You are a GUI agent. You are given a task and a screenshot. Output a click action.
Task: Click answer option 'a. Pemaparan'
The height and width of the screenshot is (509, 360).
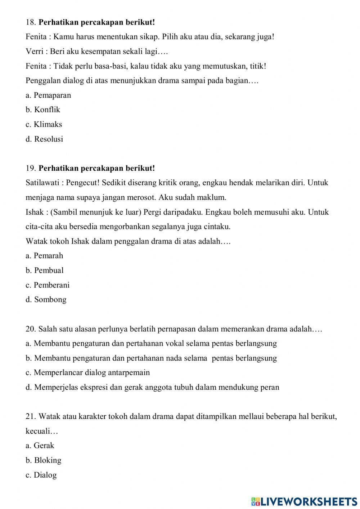click(x=48, y=95)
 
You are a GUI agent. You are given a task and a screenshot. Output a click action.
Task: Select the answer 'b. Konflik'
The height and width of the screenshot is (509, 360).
click(x=43, y=110)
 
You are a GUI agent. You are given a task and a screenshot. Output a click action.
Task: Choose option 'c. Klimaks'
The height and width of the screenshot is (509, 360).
click(x=44, y=124)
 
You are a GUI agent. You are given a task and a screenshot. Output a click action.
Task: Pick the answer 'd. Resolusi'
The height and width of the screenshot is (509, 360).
click(x=44, y=139)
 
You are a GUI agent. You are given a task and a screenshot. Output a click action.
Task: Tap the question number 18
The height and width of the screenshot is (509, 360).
click(x=30, y=22)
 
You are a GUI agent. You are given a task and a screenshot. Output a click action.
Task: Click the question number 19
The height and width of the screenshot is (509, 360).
click(x=30, y=168)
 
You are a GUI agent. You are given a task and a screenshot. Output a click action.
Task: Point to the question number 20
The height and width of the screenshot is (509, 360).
click(x=30, y=329)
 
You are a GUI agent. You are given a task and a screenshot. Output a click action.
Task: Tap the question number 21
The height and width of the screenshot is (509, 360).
click(x=30, y=416)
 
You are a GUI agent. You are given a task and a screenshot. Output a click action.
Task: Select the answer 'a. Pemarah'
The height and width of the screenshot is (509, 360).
click(x=44, y=256)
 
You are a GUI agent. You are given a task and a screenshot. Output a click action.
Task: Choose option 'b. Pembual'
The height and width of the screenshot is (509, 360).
click(x=45, y=270)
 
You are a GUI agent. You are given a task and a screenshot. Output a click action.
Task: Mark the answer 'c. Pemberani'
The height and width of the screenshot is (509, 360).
click(x=48, y=285)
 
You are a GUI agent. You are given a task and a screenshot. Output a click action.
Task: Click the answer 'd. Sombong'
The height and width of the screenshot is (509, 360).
click(x=46, y=300)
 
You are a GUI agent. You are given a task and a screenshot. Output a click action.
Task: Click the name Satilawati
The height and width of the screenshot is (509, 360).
click(x=43, y=183)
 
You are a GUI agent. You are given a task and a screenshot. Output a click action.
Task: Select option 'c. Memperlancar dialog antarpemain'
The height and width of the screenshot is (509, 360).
click(x=87, y=372)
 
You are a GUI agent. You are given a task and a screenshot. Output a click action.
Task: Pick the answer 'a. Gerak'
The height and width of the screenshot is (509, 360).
click(x=40, y=446)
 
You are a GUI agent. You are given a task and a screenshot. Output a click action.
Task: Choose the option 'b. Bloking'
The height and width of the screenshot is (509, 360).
click(x=43, y=460)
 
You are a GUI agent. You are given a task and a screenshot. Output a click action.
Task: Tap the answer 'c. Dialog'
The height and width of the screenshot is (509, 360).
click(x=41, y=475)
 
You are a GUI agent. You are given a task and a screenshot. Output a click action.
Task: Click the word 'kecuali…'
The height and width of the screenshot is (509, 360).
click(x=42, y=431)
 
